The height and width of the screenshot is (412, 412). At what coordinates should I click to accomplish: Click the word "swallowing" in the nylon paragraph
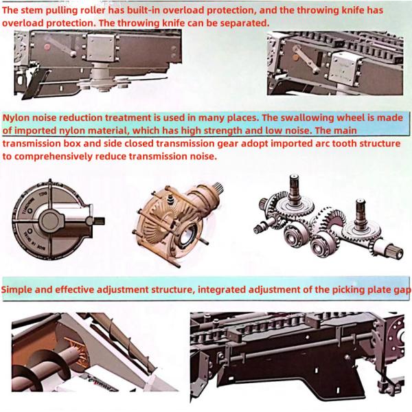(x=304, y=117)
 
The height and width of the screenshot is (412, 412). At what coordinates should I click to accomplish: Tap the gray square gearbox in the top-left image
(x=101, y=48)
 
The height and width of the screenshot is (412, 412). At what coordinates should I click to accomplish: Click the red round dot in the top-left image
(x=47, y=47)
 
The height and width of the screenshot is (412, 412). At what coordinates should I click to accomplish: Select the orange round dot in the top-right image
(x=296, y=57)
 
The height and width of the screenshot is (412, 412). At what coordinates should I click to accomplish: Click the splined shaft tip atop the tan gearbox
(x=218, y=189)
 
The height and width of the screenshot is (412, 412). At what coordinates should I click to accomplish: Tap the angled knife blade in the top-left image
(x=34, y=84)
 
